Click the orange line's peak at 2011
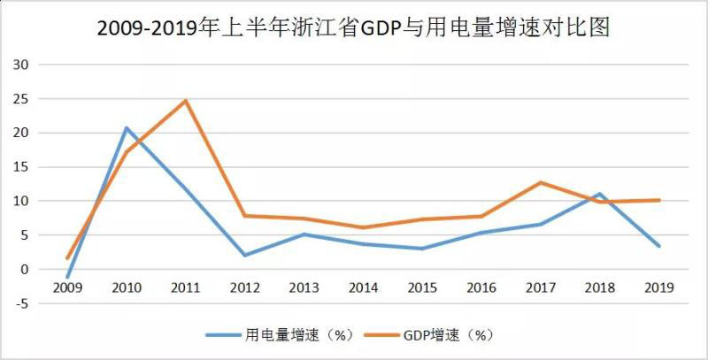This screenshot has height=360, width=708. pyautogui.click(x=186, y=100)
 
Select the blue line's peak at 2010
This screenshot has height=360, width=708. pyautogui.click(x=126, y=127)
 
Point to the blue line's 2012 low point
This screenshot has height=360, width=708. pyautogui.click(x=244, y=255)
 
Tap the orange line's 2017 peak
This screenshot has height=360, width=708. pyautogui.click(x=541, y=182)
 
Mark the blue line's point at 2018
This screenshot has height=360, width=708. pyautogui.click(x=600, y=194)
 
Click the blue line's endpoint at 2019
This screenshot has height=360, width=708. pyautogui.click(x=659, y=246)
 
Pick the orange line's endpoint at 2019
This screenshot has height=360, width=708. pyautogui.click(x=659, y=200)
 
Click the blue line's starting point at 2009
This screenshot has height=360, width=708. pyautogui.click(x=67, y=277)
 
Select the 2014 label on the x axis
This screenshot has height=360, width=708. pyautogui.click(x=363, y=287)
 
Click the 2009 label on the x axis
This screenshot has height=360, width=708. pyautogui.click(x=67, y=287)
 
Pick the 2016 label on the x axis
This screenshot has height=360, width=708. pyautogui.click(x=481, y=287)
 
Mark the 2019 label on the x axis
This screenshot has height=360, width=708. pyautogui.click(x=659, y=287)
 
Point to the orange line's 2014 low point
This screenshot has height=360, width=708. pyautogui.click(x=363, y=227)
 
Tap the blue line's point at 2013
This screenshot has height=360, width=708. pyautogui.click(x=304, y=234)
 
